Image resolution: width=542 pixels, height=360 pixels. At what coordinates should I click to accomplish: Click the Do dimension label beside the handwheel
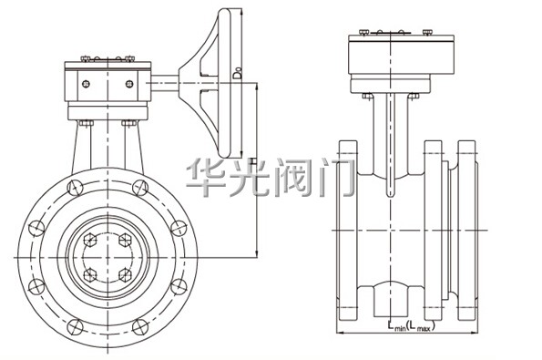click(x=237, y=74)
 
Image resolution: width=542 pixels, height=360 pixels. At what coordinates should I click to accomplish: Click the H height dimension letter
click(x=253, y=161)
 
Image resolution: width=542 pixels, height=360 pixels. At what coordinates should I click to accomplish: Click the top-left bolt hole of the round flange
click(x=75, y=188)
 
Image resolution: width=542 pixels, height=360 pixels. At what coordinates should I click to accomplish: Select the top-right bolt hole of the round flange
click(x=140, y=188)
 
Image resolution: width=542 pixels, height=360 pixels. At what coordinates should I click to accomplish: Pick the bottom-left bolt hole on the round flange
click(x=75, y=327)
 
